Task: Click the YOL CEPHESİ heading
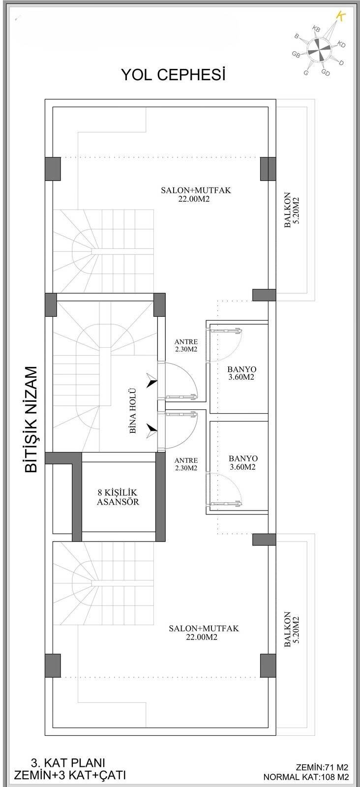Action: point(173,75)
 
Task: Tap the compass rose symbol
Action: point(317,48)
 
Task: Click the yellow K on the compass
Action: point(339,16)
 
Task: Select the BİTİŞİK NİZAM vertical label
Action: point(31,419)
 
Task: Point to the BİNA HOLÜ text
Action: point(132,411)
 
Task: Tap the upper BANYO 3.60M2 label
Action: point(242,373)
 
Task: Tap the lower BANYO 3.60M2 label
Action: point(242,462)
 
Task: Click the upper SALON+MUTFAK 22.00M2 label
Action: point(196,194)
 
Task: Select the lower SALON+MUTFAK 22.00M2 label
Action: point(203,633)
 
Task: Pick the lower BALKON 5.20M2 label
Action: point(291,631)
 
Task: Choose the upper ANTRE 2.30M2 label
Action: point(186,345)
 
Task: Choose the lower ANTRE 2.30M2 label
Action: point(186,464)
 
